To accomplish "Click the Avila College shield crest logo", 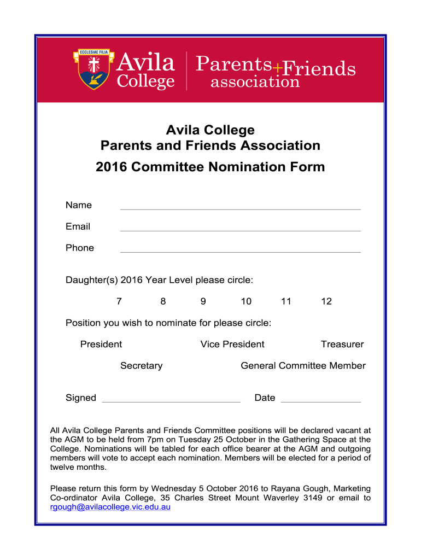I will (93, 69).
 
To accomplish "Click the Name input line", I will (240, 206).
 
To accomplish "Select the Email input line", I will (240, 227).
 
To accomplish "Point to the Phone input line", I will (240, 249).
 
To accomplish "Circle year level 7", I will (119, 301).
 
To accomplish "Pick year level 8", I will (163, 301).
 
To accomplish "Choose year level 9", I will (203, 301).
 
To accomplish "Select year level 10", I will (246, 301).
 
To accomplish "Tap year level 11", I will (286, 301).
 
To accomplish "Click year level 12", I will (326, 301).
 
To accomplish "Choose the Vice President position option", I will (232, 344).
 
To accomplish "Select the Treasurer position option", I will (342, 344).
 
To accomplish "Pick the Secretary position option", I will (141, 365).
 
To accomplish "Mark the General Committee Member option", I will (303, 365).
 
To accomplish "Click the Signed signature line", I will (171, 399).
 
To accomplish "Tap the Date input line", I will (320, 399).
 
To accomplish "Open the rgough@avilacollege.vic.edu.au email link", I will (110, 507).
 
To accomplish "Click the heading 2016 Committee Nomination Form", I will (210, 167).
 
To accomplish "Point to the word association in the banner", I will (255, 82).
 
